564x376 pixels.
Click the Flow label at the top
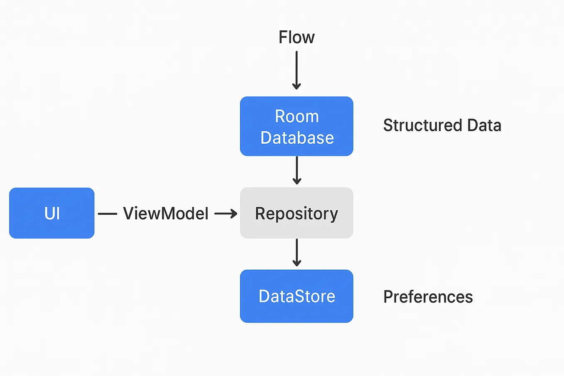point(297,37)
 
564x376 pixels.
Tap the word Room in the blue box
point(297,117)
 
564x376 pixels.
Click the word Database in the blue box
point(297,138)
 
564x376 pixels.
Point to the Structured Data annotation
point(442,125)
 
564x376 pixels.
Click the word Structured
point(422,125)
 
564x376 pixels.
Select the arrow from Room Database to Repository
point(297,170)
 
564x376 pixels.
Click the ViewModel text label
point(166,214)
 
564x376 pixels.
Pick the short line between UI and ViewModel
point(108,214)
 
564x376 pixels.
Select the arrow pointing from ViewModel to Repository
point(226,214)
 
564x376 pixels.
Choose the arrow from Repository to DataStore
point(297,252)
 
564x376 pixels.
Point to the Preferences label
point(428,297)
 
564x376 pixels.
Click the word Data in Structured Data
point(484,125)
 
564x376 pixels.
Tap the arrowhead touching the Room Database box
point(297,86)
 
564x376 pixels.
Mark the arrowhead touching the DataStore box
point(297,263)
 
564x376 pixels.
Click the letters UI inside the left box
point(52,214)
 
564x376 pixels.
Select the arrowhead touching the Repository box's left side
point(234,214)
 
